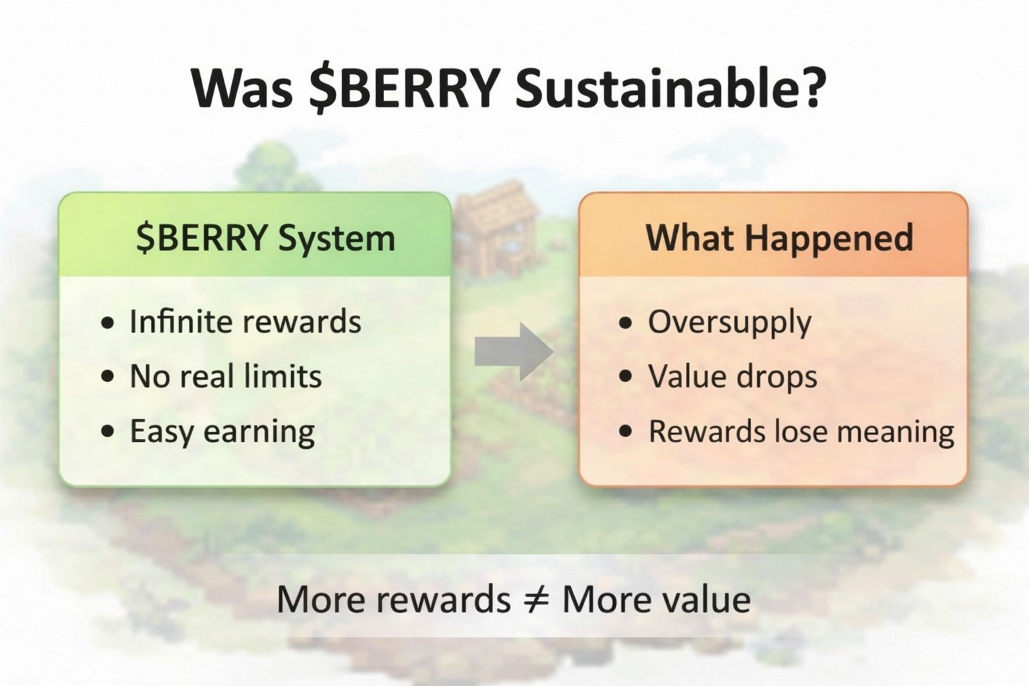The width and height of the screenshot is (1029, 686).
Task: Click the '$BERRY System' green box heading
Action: [x=265, y=238]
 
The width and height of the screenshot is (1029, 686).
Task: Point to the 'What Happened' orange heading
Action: [x=780, y=238]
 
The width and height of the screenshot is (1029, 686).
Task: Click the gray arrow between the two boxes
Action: [x=514, y=352]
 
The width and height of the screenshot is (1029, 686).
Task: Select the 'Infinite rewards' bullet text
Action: [x=245, y=321]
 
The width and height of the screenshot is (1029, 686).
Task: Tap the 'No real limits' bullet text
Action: [x=226, y=376]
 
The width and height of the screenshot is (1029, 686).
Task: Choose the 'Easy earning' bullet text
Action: [x=222, y=432]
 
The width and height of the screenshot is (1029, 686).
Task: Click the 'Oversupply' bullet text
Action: [x=730, y=322]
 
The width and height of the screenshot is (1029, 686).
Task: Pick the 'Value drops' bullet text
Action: [x=733, y=376]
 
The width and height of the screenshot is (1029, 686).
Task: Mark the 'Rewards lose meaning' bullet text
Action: [x=801, y=432]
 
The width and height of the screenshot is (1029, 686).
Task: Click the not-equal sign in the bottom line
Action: [x=536, y=600]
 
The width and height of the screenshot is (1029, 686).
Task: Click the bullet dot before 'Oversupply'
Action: [x=625, y=322]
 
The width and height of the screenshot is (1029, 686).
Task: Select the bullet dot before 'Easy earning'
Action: [x=107, y=431]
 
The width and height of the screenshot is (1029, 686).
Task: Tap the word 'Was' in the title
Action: [x=243, y=88]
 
